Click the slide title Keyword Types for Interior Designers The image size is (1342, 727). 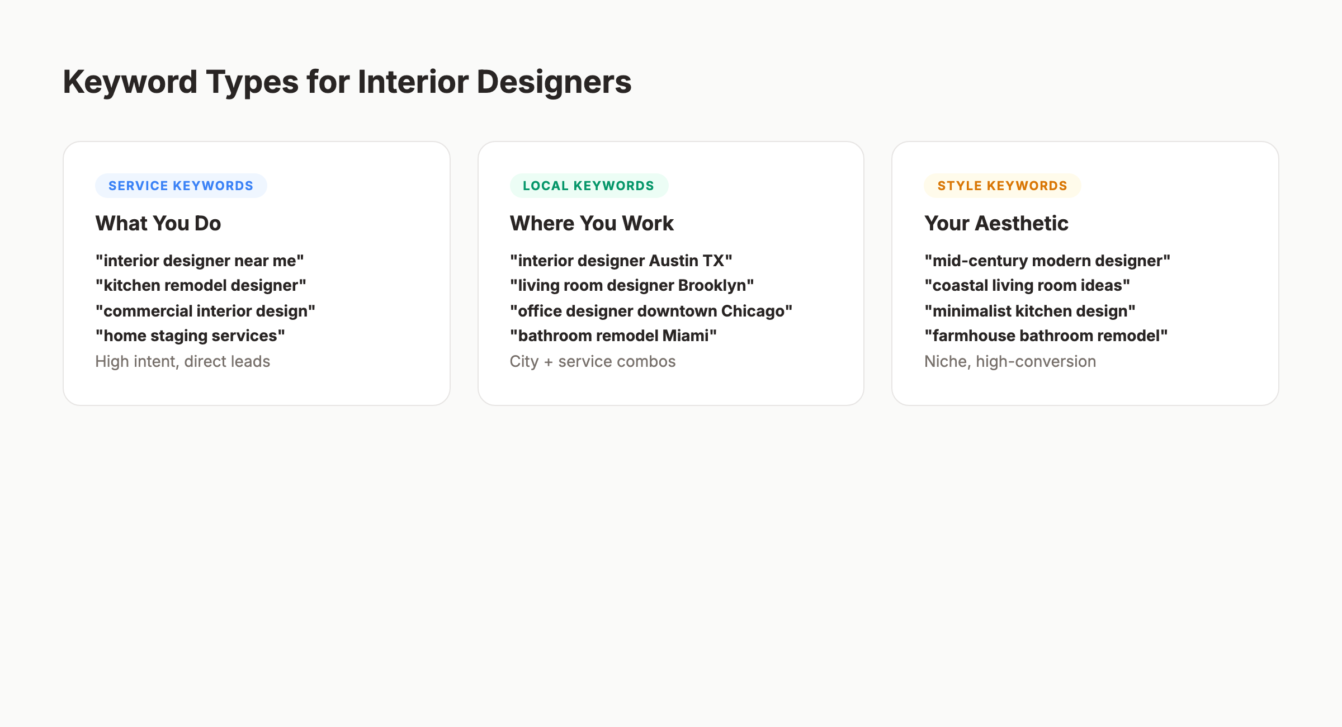(347, 82)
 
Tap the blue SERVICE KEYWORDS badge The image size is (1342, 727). (181, 186)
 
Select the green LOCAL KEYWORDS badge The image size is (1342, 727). (588, 186)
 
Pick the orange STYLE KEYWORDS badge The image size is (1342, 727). (1002, 186)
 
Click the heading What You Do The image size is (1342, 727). (158, 223)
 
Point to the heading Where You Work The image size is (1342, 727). (592, 223)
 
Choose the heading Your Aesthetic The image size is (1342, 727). (996, 223)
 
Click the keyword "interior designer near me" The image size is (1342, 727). (200, 261)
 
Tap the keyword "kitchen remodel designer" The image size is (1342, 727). (201, 285)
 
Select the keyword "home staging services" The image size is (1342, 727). (190, 336)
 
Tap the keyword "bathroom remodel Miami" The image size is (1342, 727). (613, 336)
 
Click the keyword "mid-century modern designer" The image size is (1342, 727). (1047, 261)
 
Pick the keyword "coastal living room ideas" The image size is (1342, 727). (1027, 285)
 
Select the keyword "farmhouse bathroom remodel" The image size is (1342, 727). (1046, 336)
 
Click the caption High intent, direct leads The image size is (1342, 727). (182, 361)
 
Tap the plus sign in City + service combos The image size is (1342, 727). (548, 362)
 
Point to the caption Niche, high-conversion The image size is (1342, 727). (1010, 361)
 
